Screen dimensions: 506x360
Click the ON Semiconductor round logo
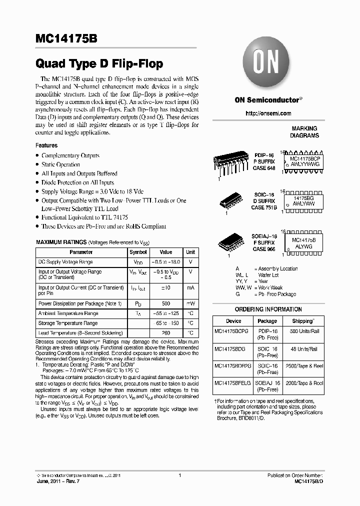268,64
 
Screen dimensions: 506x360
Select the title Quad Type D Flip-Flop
99,64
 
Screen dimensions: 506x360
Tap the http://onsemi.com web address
268,113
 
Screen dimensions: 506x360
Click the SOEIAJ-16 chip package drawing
232,242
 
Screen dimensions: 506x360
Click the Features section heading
46,145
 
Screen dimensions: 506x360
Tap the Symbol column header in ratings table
138,252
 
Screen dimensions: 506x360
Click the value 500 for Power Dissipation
165,303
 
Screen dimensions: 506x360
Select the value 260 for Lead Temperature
165,333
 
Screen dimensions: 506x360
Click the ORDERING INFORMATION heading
268,309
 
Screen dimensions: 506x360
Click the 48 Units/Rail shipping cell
302,348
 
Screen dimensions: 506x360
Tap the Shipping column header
302,321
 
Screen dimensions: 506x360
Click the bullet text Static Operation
60,164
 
